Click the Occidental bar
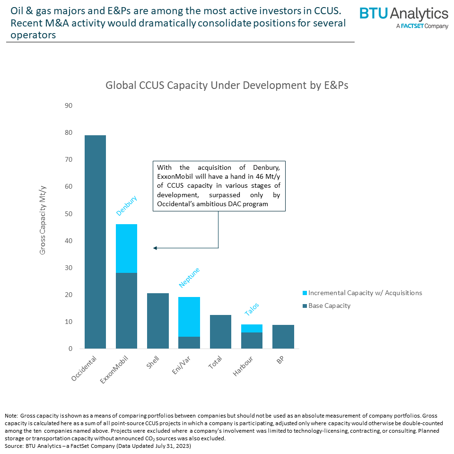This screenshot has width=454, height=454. click(x=95, y=242)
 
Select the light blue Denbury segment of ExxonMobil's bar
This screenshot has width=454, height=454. click(x=126, y=248)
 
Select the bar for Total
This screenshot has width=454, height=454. click(x=220, y=332)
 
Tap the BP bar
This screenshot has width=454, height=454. click(x=283, y=336)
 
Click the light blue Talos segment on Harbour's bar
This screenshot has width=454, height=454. click(x=252, y=328)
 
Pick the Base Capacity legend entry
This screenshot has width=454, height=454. click(x=329, y=306)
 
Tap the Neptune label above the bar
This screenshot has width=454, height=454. click(x=189, y=278)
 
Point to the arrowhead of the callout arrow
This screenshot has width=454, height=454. click(x=154, y=248)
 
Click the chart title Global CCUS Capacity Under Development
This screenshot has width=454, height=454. click(x=227, y=86)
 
